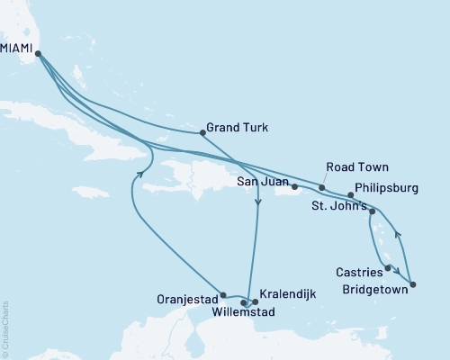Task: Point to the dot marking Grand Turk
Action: (200, 133)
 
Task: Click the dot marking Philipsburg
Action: (350, 194)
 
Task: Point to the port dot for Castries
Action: (388, 267)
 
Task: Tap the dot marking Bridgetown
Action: (413, 285)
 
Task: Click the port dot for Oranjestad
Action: (222, 294)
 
